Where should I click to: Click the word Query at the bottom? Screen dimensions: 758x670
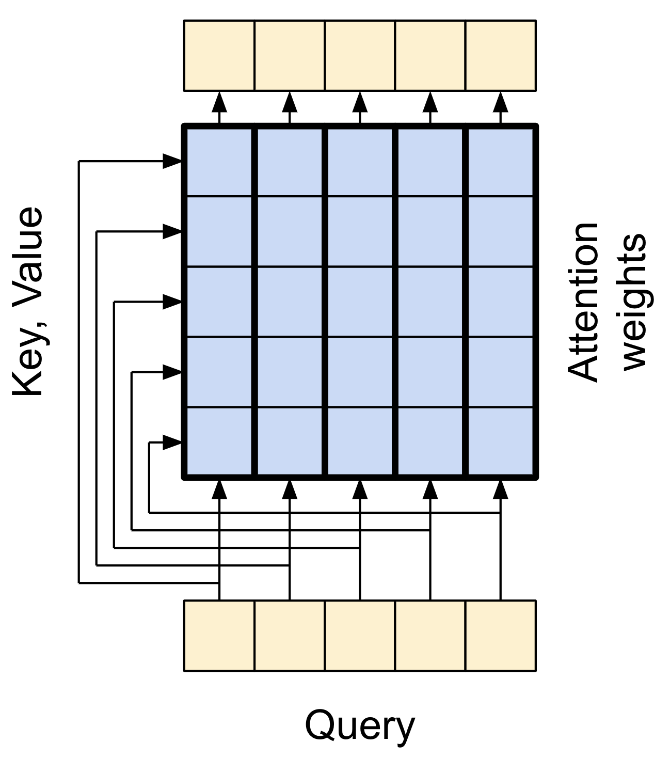(360, 726)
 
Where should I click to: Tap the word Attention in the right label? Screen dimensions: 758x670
(583, 303)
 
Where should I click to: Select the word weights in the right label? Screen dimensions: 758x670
(634, 303)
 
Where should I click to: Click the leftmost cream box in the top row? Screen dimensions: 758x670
(219, 56)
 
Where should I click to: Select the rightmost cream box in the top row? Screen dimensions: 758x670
(501, 56)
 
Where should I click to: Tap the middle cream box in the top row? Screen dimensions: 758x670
(360, 56)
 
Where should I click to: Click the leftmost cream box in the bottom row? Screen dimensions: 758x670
(219, 636)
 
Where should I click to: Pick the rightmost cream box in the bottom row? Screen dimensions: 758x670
(501, 636)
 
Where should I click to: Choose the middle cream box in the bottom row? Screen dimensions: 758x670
(360, 636)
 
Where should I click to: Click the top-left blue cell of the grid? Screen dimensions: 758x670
(219, 162)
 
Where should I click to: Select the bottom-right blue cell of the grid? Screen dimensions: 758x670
(501, 441)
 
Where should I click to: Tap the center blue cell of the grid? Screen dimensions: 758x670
(360, 302)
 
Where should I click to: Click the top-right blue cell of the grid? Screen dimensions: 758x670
(501, 162)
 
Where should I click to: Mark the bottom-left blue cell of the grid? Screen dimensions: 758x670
(219, 441)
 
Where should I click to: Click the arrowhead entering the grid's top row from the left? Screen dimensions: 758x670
(172, 161)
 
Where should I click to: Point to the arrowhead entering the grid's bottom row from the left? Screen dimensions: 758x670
(172, 442)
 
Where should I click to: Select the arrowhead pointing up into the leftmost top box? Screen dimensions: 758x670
(219, 102)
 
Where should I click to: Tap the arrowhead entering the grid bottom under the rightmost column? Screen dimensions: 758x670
(500, 489)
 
